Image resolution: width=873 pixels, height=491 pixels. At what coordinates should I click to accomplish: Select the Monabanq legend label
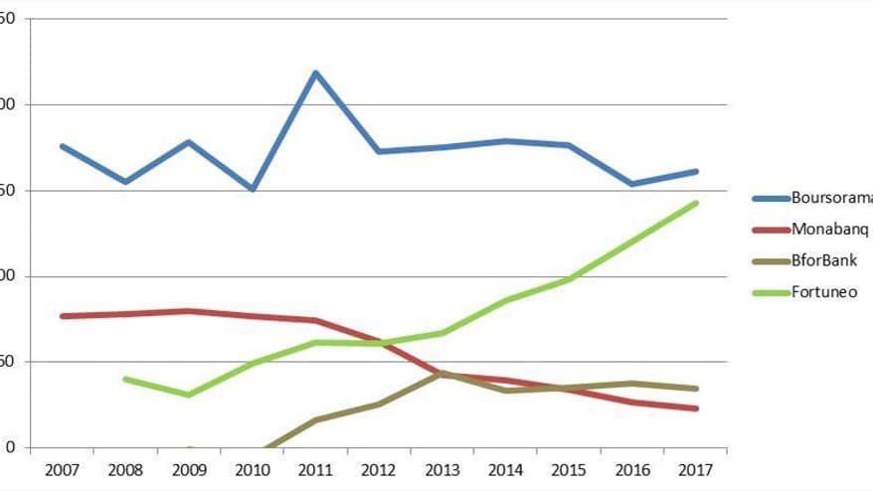[829, 229]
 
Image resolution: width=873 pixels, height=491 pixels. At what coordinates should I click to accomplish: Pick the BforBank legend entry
[823, 260]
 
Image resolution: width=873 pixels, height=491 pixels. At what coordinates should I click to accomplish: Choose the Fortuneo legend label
[823, 292]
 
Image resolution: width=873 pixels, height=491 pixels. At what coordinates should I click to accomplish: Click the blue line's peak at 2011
[315, 73]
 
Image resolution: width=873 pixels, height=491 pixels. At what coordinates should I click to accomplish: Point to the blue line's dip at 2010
[252, 189]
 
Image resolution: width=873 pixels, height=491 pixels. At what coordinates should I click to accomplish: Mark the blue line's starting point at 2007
[62, 146]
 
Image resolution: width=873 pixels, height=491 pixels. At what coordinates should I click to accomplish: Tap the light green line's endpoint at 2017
[696, 203]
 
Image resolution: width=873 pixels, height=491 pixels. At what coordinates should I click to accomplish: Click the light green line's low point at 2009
[188, 395]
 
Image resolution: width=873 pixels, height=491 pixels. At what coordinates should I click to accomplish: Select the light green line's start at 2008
[124, 379]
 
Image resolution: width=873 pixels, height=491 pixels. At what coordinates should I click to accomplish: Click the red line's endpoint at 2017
[696, 409]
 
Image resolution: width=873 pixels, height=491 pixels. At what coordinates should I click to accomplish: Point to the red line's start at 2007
[62, 316]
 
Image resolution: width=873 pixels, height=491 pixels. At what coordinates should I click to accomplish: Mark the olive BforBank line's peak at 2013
[442, 374]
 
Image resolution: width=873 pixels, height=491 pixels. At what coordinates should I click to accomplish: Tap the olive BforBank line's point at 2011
[315, 419]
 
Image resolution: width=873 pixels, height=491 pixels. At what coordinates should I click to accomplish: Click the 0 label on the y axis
[9, 447]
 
